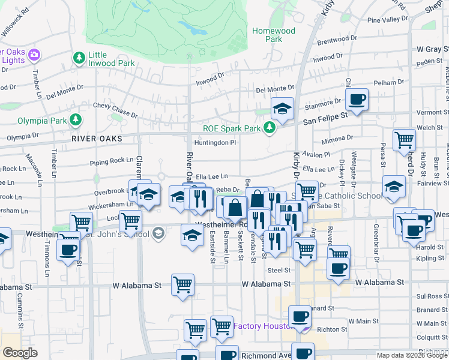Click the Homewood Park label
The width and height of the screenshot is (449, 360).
pyautogui.click(x=274, y=35)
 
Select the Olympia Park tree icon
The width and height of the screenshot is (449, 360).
pyautogui.click(x=76, y=121)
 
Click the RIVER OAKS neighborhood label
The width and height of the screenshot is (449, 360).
pyautogui.click(x=97, y=139)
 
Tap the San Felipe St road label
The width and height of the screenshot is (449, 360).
pyautogui.click(x=325, y=121)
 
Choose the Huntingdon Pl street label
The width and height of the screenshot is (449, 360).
pyautogui.click(x=215, y=143)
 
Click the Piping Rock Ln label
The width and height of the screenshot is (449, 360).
pyautogui.click(x=111, y=160)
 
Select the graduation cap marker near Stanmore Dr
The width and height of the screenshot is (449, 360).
pyautogui.click(x=282, y=109)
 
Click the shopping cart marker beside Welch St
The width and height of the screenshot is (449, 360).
pyautogui.click(x=404, y=140)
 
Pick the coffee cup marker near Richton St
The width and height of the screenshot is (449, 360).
pyautogui.click(x=300, y=316)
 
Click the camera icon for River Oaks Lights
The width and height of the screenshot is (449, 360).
pyautogui.click(x=34, y=55)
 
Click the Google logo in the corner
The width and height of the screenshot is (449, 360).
pyautogui.click(x=20, y=353)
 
